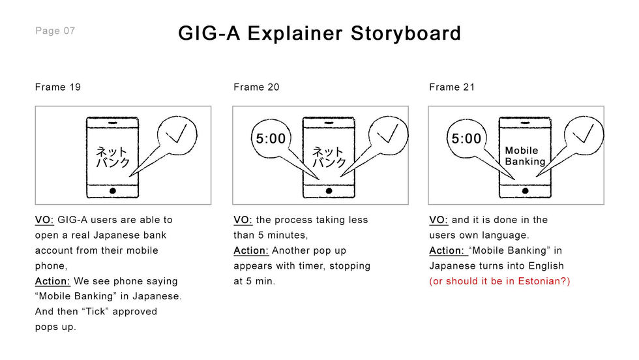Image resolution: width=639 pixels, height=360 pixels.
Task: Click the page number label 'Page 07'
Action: pos(55,31)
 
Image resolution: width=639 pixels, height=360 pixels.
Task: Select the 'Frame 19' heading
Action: pos(58,87)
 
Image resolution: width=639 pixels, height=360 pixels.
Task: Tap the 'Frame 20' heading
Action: pos(256,87)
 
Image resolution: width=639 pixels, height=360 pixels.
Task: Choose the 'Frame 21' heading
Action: pos(452,87)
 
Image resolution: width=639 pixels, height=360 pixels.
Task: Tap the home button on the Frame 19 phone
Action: pos(113,190)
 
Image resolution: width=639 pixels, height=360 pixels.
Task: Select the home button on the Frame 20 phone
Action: pos(329,190)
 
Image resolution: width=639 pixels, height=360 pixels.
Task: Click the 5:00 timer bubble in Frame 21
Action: pos(466,139)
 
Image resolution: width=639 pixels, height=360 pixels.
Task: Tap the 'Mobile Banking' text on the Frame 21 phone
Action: pos(525,156)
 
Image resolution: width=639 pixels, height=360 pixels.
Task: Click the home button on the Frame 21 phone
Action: pos(525,190)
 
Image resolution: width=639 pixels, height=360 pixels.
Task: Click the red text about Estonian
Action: pos(499,281)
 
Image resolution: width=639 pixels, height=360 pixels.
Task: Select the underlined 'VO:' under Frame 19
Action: pos(44,220)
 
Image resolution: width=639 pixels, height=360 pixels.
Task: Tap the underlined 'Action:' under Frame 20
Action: pos(251,250)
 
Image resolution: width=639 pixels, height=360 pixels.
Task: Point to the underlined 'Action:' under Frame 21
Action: pos(447,250)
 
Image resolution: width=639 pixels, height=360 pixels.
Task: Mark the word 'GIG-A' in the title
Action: pos(208,33)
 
